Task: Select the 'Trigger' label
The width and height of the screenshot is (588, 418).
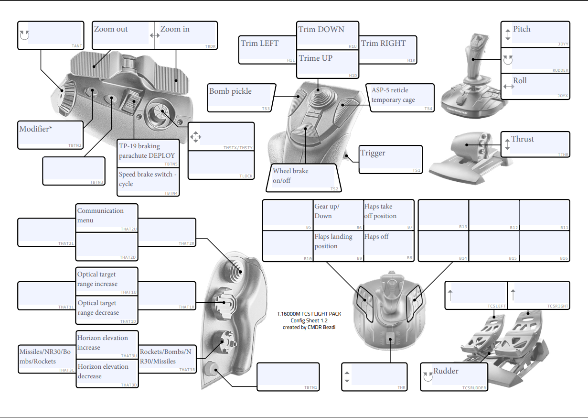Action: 391,159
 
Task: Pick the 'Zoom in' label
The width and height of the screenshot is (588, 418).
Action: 186,35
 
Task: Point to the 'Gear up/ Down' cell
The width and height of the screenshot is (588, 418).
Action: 338,215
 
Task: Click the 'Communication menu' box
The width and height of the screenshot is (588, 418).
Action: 107,218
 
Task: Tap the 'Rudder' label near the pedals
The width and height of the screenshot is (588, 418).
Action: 446,371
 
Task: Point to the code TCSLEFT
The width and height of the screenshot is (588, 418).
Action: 496,306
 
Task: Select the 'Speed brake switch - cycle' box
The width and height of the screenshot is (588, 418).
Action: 148,181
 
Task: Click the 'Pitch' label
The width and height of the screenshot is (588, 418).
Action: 522,29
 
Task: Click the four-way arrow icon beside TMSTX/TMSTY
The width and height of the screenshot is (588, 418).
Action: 195,138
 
